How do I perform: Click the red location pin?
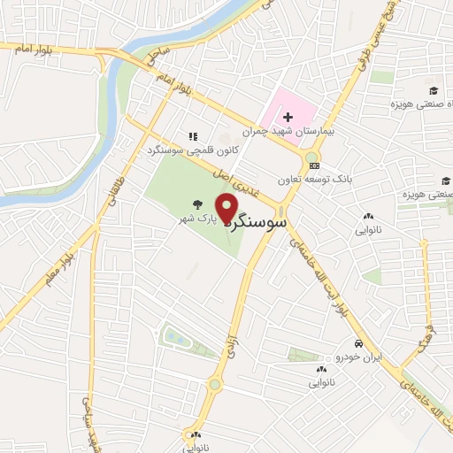coord(226,209)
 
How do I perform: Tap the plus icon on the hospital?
coord(288,117)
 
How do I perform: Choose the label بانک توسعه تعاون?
coord(328,179)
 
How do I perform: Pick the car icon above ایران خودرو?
coord(357,344)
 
